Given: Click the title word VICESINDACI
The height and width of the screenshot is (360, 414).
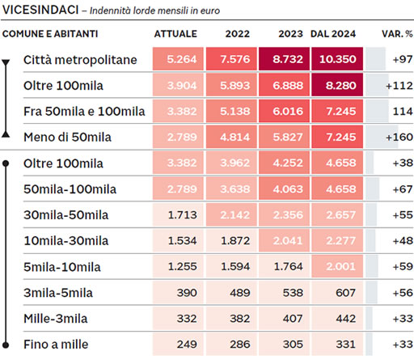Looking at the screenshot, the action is pyautogui.click(x=40, y=10).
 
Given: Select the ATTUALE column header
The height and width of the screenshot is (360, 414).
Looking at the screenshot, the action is pyautogui.click(x=175, y=34).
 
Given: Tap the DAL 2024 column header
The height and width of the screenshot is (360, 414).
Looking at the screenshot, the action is pyautogui.click(x=333, y=34).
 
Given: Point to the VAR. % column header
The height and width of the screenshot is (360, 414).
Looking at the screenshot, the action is pyautogui.click(x=397, y=34).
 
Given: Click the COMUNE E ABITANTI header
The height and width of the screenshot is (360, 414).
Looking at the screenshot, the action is pyautogui.click(x=50, y=34).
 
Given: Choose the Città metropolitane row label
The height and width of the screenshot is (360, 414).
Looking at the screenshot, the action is pyautogui.click(x=80, y=60).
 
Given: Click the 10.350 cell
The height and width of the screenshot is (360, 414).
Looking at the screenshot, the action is pyautogui.click(x=337, y=59).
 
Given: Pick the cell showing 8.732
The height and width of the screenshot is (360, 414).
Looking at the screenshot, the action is pyautogui.click(x=284, y=59).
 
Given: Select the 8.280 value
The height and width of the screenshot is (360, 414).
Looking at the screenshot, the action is pyautogui.click(x=337, y=85).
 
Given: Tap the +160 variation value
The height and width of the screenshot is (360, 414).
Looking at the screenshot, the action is pyautogui.click(x=399, y=137).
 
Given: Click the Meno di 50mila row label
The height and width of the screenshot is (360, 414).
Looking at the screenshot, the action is pyautogui.click(x=67, y=137).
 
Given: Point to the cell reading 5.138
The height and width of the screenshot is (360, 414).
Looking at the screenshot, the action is pyautogui.click(x=231, y=111).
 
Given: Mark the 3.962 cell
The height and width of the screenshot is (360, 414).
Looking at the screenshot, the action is pyautogui.click(x=231, y=163).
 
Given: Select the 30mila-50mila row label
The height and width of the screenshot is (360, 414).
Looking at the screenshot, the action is pyautogui.click(x=66, y=215).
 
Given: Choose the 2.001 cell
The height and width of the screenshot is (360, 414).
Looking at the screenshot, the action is pyautogui.click(x=337, y=266).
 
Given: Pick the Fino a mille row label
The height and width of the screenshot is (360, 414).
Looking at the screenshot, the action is pyautogui.click(x=56, y=345).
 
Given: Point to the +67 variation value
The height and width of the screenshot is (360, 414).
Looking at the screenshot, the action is pyautogui.click(x=403, y=189).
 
